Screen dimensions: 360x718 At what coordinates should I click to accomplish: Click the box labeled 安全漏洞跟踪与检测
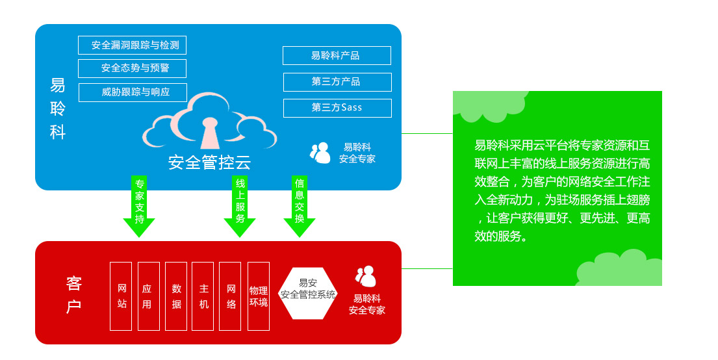[x=132, y=45]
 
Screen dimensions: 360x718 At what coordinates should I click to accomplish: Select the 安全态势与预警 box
[x=132, y=68]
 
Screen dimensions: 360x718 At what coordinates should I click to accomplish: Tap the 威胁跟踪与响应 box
[x=133, y=92]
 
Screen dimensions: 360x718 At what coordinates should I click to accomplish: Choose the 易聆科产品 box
[x=337, y=55]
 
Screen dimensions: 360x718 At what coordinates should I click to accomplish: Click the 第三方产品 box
[x=337, y=82]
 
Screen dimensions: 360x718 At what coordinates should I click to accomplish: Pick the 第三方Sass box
[x=337, y=108]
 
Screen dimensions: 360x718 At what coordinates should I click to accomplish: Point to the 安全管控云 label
[x=209, y=162]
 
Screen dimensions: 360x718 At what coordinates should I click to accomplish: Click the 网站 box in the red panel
[x=121, y=296]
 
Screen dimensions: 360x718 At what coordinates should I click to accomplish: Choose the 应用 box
[x=147, y=296]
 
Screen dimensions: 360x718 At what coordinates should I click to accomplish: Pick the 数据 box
[x=175, y=296]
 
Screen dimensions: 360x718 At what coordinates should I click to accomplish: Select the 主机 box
[x=203, y=296]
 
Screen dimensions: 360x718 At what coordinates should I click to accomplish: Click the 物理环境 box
[x=259, y=296]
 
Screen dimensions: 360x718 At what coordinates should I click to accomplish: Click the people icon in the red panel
[x=366, y=277]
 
